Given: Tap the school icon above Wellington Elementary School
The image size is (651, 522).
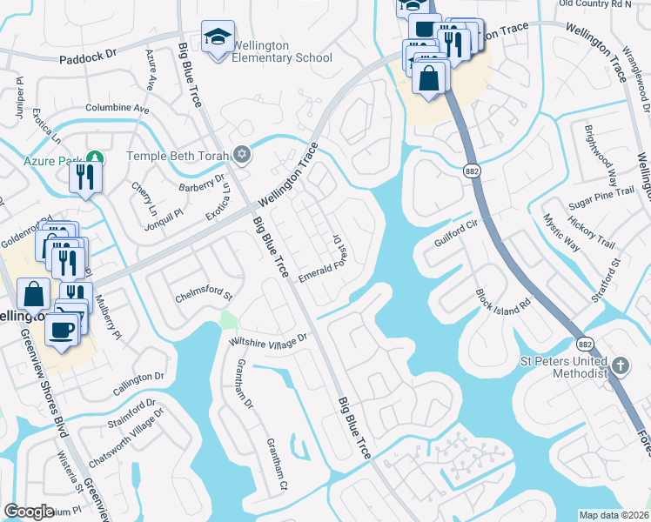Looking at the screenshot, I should click(x=217, y=37).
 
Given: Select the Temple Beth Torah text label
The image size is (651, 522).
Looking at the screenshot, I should click(x=178, y=157).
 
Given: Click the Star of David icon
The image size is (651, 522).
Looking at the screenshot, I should click(x=242, y=156).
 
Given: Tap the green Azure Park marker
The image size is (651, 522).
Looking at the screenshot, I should click(x=97, y=160).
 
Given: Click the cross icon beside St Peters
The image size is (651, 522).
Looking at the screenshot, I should click(x=620, y=366).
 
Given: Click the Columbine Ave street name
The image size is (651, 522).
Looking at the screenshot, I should click(x=117, y=109).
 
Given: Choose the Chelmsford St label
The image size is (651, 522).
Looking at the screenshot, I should click(x=204, y=294).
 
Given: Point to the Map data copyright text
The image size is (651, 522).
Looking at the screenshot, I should click(x=614, y=515).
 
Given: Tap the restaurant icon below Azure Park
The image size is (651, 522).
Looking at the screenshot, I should click(x=86, y=177).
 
